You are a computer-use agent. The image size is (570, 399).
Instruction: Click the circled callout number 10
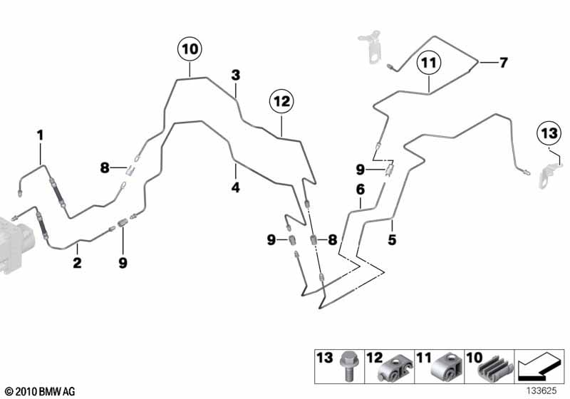(190, 49)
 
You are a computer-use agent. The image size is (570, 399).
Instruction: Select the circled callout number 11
(429, 63)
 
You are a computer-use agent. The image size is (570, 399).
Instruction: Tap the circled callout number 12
(281, 101)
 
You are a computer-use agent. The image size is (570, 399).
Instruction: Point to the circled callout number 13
(549, 133)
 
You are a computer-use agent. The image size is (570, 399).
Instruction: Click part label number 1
(40, 135)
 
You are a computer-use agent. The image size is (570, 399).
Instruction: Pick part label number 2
(77, 263)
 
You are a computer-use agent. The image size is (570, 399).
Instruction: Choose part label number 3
(236, 76)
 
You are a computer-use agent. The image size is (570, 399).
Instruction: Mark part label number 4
(236, 187)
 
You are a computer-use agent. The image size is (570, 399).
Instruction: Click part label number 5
(392, 240)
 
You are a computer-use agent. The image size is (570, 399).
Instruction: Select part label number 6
(361, 190)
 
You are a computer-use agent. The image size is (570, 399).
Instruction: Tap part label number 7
(504, 63)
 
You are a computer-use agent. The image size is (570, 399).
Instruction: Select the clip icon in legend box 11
(446, 368)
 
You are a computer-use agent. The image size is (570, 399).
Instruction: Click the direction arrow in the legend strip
(539, 368)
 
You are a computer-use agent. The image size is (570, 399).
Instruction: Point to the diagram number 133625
(541, 390)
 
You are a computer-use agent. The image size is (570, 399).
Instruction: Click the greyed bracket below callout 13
(549, 176)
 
